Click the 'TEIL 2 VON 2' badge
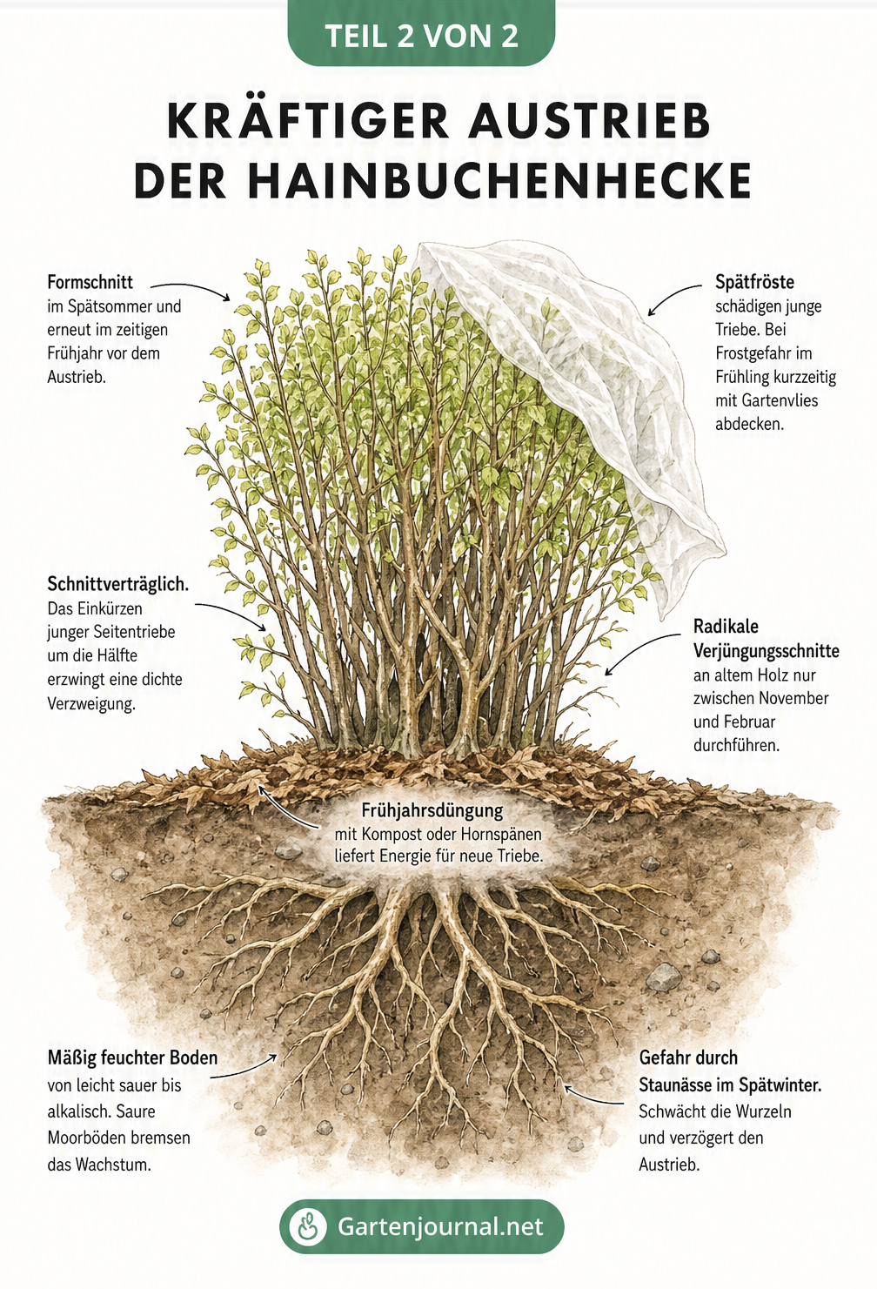pyautogui.click(x=422, y=33)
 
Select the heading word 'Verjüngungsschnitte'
pyautogui.click(x=766, y=650)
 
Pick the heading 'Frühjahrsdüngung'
pyautogui.click(x=432, y=811)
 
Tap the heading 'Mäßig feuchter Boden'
pyautogui.click(x=132, y=1057)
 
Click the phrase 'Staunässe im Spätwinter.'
pyautogui.click(x=730, y=1085)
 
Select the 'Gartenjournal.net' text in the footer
pyautogui.click(x=440, y=1226)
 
